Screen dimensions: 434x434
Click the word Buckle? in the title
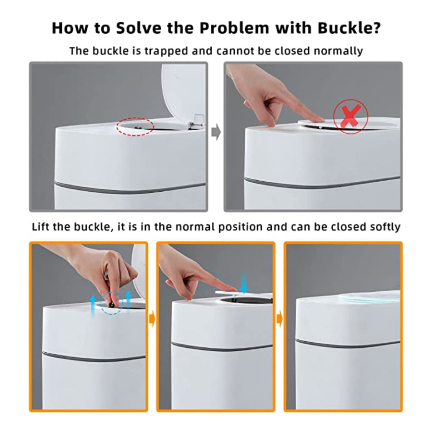(x=349, y=28)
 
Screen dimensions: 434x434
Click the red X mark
(x=350, y=117)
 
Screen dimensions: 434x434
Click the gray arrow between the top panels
(x=216, y=132)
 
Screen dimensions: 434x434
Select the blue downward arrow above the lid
(x=243, y=283)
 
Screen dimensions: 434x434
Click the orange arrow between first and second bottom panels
(x=152, y=319)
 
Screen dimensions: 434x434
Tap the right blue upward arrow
(x=128, y=302)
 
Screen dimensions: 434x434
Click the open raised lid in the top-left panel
(x=182, y=94)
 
